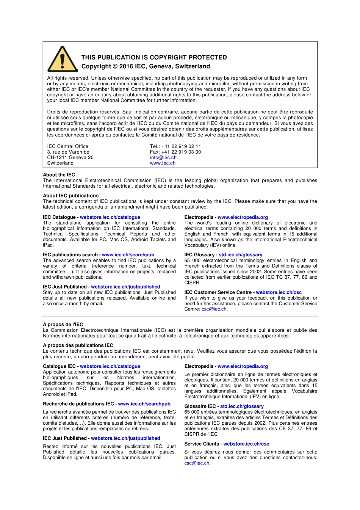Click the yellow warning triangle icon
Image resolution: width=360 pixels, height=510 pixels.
pyautogui.click(x=63, y=60)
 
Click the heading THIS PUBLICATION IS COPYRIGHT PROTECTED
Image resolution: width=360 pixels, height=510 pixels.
pyautogui.click(x=154, y=57)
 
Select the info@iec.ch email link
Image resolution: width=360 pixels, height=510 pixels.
pyautogui.click(x=163, y=157)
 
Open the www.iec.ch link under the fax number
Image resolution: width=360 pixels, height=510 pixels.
pyautogui.click(x=163, y=163)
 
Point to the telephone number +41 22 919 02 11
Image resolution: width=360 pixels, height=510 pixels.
pyautogui.click(x=181, y=146)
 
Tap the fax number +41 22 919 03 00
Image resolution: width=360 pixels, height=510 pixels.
pyautogui.click(x=181, y=152)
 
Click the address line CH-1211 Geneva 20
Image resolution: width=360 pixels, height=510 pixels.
pyautogui.click(x=70, y=157)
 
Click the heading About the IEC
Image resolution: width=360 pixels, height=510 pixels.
pyautogui.click(x=59, y=175)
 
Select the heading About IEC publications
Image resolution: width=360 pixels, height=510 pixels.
pyautogui.click(x=70, y=196)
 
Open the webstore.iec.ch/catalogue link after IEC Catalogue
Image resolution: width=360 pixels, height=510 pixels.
pyautogui.click(x=110, y=217)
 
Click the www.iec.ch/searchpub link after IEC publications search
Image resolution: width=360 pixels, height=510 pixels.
pyautogui.click(x=128, y=255)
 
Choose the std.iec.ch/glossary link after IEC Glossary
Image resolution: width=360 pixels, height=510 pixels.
pyautogui.click(x=240, y=255)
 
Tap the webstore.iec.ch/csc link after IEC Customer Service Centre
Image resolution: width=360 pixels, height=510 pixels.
pyautogui.click(x=279, y=292)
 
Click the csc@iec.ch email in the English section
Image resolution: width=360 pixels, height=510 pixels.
pyautogui.click(x=214, y=309)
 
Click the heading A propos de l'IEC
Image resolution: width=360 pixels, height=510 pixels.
pyautogui.click(x=63, y=325)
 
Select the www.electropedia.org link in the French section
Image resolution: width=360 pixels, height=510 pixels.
pyautogui.click(x=243, y=366)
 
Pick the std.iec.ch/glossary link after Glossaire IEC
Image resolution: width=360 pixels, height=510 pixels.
pyautogui.click(x=242, y=406)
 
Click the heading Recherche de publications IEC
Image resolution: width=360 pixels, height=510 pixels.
pyautogui.click(x=78, y=404)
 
